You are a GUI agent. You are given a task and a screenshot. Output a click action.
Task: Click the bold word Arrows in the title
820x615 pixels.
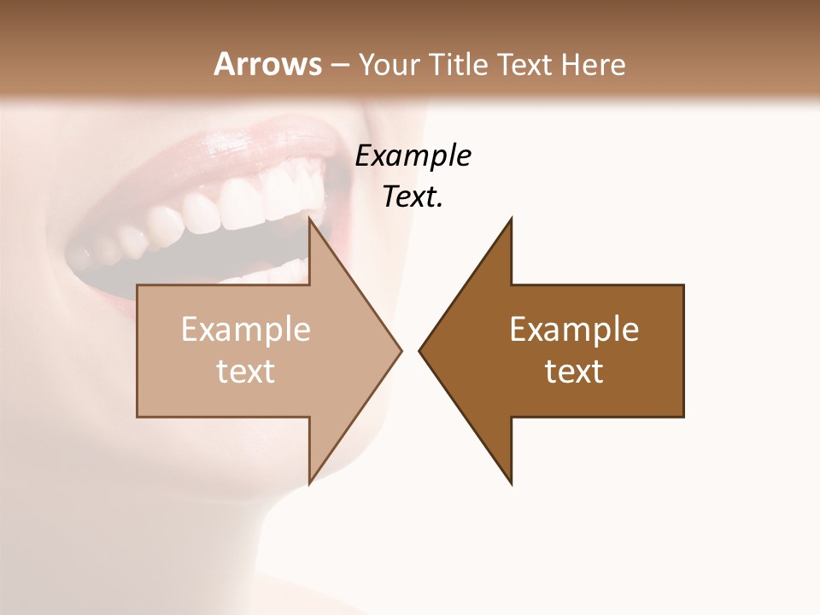[x=267, y=64]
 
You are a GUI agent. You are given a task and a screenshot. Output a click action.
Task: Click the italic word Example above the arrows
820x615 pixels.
[x=413, y=155]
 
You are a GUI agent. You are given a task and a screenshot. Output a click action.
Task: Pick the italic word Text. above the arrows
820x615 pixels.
[x=413, y=196]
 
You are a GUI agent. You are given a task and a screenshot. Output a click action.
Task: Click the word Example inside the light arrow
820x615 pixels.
[x=246, y=329]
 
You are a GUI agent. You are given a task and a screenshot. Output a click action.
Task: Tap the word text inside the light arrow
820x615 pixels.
[x=246, y=371]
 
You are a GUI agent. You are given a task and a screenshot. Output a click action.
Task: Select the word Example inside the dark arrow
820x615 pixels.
[x=574, y=329]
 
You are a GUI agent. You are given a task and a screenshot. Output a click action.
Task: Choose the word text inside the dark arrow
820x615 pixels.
[x=574, y=371]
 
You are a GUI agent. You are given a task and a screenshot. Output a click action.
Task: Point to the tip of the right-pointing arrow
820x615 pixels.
[x=401, y=350]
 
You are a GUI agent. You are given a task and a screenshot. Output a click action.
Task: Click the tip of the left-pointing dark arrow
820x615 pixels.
[x=419, y=350]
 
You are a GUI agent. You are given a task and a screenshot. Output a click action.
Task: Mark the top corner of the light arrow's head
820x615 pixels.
[x=309, y=218]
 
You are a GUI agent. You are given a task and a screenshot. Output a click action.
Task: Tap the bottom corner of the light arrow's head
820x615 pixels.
[x=309, y=484]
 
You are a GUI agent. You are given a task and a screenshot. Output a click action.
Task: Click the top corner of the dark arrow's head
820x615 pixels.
[x=512, y=218]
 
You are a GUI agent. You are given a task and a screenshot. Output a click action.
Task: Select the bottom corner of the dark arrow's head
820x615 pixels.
[x=512, y=484]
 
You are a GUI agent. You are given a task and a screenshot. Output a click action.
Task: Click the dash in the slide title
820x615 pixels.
[x=339, y=66]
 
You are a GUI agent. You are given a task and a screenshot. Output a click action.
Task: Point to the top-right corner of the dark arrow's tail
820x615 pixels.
[x=683, y=285]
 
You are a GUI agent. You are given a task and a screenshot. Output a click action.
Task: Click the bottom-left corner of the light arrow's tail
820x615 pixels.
[x=138, y=417]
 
